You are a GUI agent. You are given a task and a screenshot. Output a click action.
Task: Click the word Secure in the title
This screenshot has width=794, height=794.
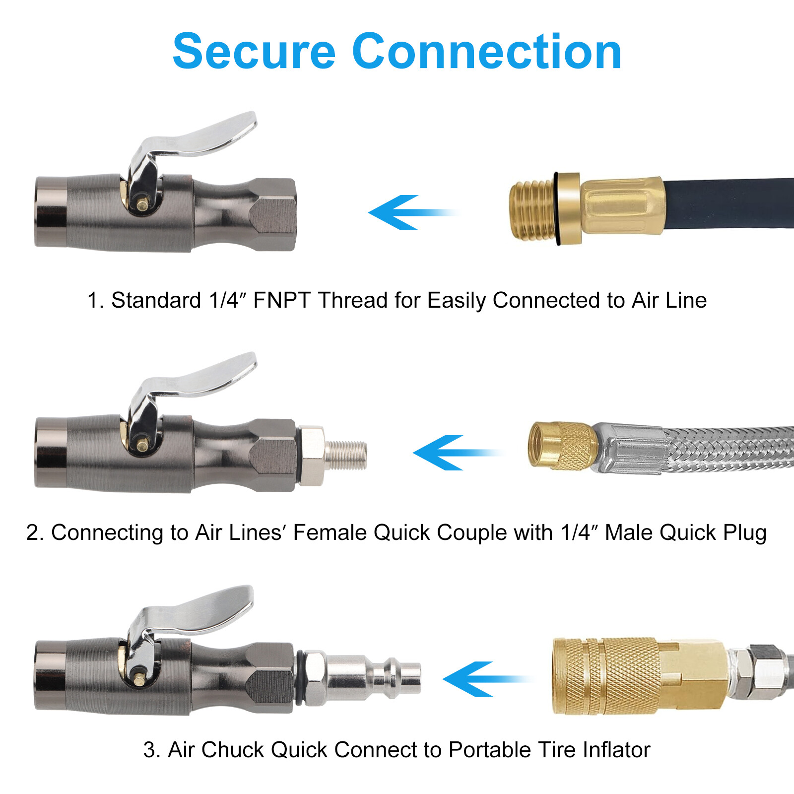click(254, 52)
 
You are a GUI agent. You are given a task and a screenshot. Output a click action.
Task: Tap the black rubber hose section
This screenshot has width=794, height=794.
click(729, 203)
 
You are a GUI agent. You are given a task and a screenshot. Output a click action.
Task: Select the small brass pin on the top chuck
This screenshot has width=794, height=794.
click(142, 204)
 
